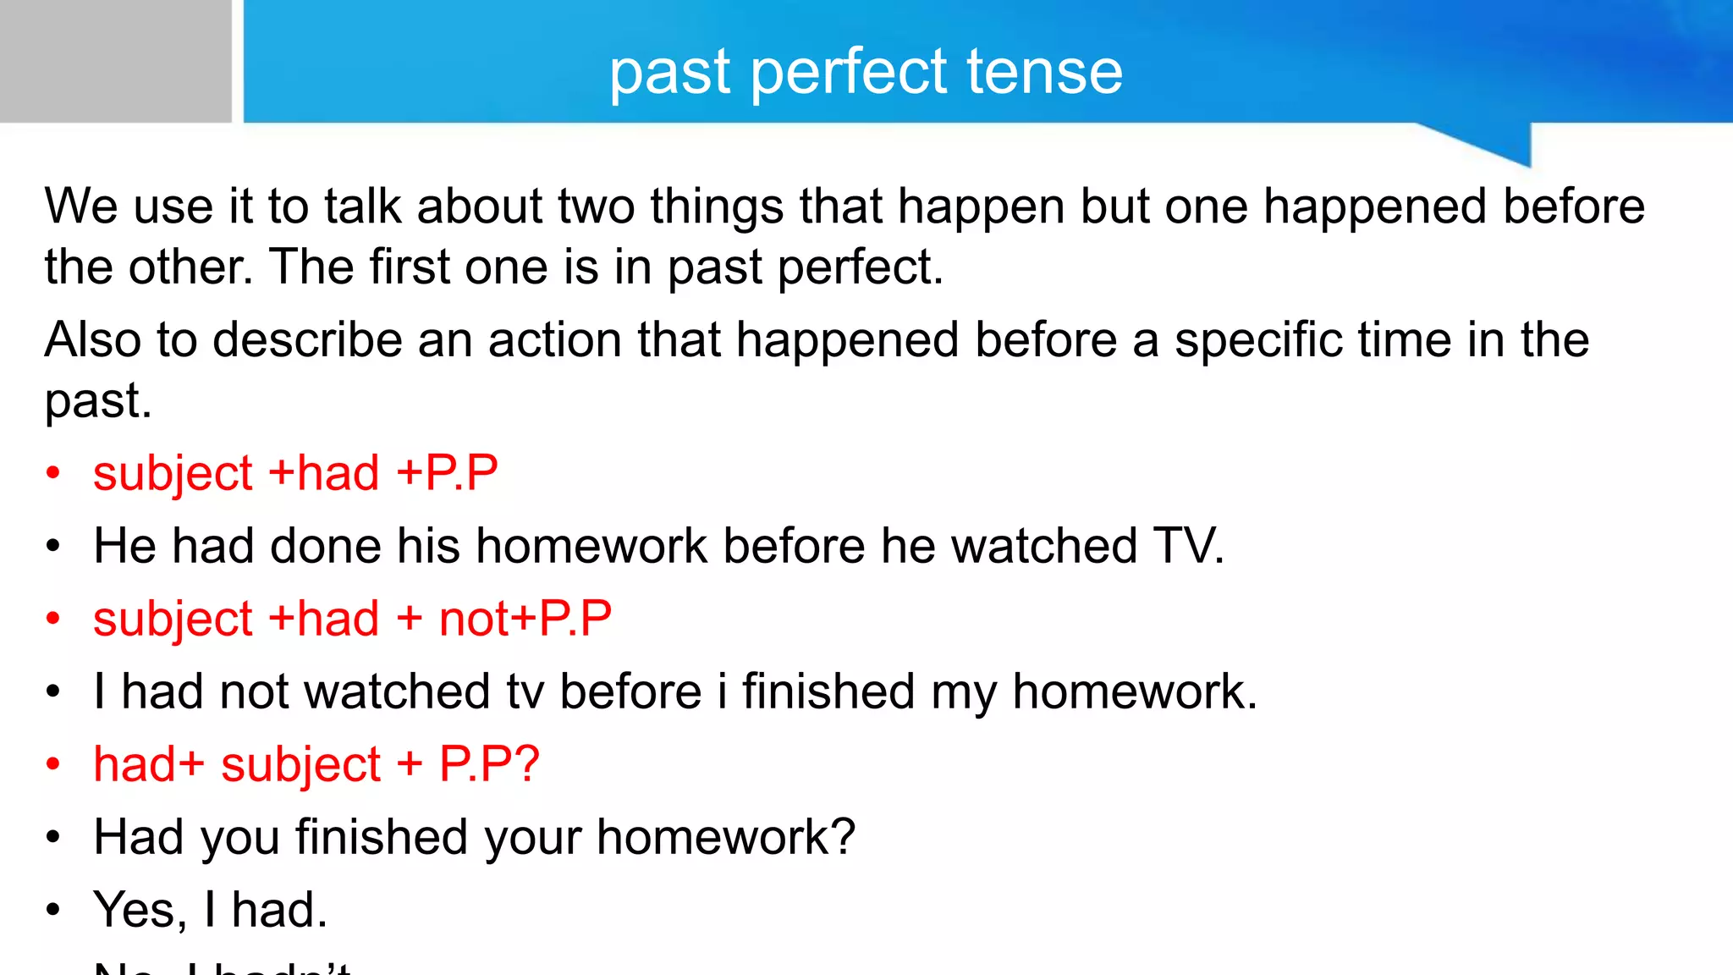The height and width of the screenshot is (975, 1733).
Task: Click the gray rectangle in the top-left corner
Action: (x=115, y=61)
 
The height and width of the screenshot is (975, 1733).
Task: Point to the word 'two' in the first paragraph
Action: (x=600, y=207)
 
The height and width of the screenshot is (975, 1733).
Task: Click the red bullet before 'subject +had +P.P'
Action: (x=53, y=474)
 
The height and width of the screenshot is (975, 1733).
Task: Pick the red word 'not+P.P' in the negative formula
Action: (x=525, y=619)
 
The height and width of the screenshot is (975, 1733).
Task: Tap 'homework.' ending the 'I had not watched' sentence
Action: (x=1135, y=692)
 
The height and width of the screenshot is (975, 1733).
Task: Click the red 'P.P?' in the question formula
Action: (x=489, y=765)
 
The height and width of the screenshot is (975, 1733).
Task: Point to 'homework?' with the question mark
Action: (x=726, y=838)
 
